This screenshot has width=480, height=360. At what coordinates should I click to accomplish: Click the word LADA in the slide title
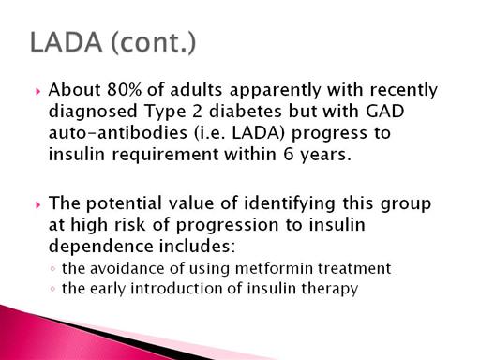click(x=67, y=42)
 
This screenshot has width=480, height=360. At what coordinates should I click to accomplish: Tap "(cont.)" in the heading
click(x=154, y=43)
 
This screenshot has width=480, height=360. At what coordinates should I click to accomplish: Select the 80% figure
click(x=125, y=90)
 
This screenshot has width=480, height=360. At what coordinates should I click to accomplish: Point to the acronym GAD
click(x=384, y=111)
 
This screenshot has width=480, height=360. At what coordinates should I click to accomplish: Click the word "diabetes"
click(x=246, y=111)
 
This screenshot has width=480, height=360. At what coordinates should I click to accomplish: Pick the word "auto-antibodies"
click(x=118, y=132)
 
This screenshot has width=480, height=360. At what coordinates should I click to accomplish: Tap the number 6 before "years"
click(x=289, y=154)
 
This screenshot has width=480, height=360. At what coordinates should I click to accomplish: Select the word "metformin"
click(x=274, y=268)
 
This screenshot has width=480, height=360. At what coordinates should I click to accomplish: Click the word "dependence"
click(x=101, y=246)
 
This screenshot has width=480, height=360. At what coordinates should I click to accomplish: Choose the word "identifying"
click(x=290, y=203)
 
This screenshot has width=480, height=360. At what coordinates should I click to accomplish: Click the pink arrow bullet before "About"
click(x=38, y=91)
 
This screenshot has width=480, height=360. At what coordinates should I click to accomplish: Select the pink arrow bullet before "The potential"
click(x=38, y=205)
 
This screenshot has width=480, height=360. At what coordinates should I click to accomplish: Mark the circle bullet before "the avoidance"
click(x=52, y=269)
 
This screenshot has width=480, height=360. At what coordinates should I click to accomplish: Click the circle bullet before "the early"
click(x=52, y=289)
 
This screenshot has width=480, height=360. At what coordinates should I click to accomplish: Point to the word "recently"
click(x=404, y=90)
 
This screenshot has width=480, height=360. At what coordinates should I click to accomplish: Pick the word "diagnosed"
click(x=93, y=112)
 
